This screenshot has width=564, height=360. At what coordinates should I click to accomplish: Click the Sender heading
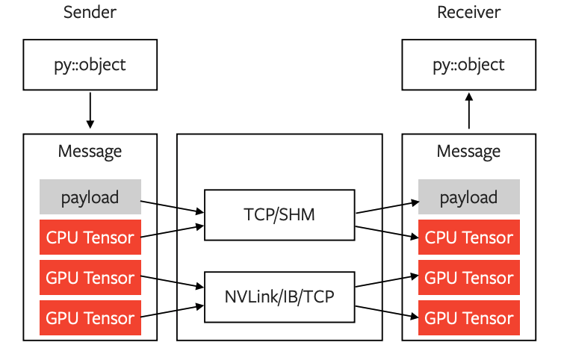pos(90,13)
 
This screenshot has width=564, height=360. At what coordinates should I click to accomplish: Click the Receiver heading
pos(468,13)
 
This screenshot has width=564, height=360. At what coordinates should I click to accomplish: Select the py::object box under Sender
pos(90,64)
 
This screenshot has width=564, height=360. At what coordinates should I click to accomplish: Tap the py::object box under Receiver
pos(468,64)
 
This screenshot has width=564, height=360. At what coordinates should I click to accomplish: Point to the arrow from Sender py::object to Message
pos(90,110)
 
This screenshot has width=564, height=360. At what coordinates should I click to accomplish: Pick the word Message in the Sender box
pos(90,152)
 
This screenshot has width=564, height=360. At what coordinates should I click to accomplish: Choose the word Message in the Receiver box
pos(468,152)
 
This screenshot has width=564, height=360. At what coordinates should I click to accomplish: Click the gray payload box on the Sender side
pos(90,197)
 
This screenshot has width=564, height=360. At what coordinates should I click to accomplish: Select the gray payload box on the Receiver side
pos(468,197)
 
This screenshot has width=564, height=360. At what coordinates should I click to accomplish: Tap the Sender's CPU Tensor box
pos(90,238)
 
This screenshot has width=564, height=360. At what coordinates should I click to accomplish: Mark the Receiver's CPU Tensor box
pos(468,238)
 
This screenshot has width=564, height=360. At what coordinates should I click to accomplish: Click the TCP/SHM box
pos(279,216)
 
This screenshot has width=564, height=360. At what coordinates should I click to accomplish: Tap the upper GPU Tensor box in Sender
pos(90,278)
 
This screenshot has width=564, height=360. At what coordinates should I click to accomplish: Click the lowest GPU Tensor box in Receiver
pos(468,318)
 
